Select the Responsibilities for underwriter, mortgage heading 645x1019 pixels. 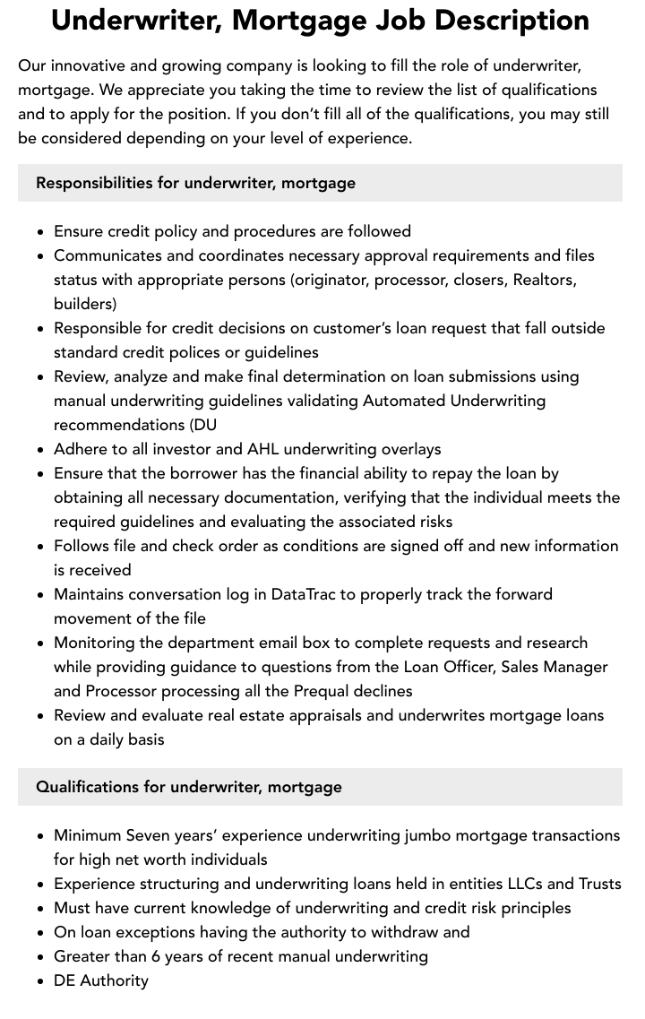click(195, 183)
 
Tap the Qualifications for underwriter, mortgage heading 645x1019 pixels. click(189, 787)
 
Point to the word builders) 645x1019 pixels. click(85, 304)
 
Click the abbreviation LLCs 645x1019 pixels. click(510, 884)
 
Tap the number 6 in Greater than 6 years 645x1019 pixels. click(156, 956)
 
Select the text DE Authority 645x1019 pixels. click(101, 980)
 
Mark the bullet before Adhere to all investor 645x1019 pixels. click(41, 450)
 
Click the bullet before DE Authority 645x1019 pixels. click(41, 981)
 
